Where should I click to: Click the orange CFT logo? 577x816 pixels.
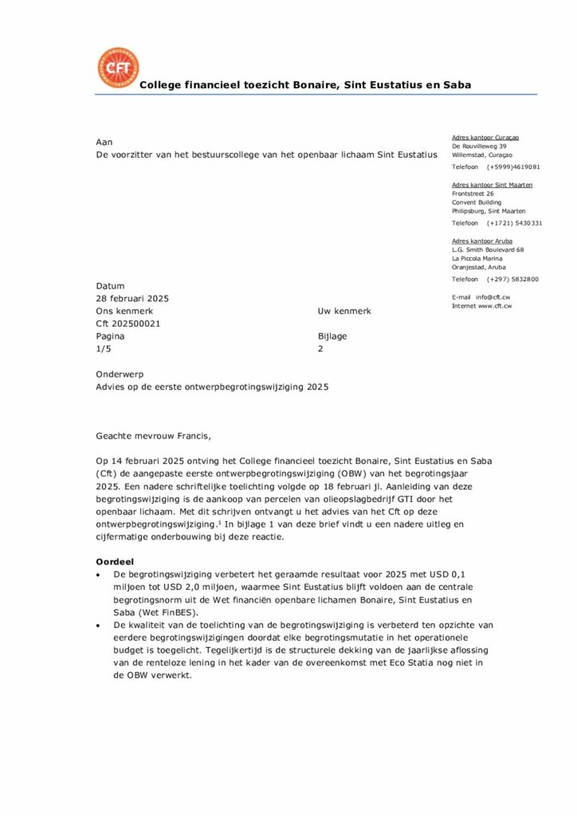click(117, 68)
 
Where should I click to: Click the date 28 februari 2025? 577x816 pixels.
click(132, 299)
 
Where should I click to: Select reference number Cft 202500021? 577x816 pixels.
click(128, 324)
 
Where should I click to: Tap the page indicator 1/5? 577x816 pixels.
click(104, 349)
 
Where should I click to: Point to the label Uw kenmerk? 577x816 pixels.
click(344, 312)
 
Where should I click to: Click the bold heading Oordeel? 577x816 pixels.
click(116, 562)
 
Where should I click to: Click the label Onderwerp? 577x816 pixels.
click(120, 375)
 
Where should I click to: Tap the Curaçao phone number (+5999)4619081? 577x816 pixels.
click(514, 167)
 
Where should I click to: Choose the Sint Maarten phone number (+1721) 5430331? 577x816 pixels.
click(515, 223)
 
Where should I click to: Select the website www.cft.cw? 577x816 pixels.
click(494, 306)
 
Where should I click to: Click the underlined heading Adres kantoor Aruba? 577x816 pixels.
click(482, 241)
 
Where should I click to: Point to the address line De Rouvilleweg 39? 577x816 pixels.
click(480, 147)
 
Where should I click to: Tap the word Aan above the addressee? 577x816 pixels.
click(104, 141)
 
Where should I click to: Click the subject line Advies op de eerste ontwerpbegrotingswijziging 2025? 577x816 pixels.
click(212, 387)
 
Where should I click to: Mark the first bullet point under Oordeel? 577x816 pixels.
click(98, 574)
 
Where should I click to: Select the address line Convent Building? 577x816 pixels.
click(477, 202)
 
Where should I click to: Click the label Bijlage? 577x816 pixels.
click(332, 336)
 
